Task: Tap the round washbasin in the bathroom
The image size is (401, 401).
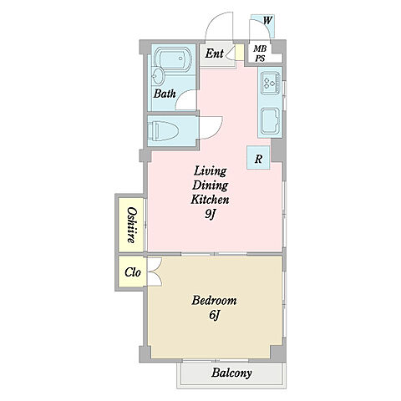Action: pos(159,76)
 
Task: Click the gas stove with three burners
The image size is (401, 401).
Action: pos(271,83)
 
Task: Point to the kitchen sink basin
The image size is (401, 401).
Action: pos(270,120)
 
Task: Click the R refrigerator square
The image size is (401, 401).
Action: pos(258,158)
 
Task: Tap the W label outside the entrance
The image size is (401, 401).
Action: pos(267,20)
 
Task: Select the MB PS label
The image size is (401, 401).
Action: pos(260,53)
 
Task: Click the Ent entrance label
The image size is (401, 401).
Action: pos(215,53)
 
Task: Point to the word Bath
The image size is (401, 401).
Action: pos(165,94)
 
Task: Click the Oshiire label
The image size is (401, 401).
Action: pos(131,225)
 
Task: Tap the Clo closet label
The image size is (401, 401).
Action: pos(133,272)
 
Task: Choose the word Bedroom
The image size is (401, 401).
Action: pos(214,301)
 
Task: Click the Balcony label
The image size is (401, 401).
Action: pos(231,373)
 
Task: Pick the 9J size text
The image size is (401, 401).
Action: pos(211,214)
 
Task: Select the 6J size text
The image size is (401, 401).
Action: pos(214,315)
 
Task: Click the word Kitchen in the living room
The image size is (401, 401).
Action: pos(210,200)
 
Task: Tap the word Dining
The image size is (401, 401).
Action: pos(210,185)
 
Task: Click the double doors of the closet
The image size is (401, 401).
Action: pos(155,272)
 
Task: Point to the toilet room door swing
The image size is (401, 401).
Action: pos(211,128)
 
